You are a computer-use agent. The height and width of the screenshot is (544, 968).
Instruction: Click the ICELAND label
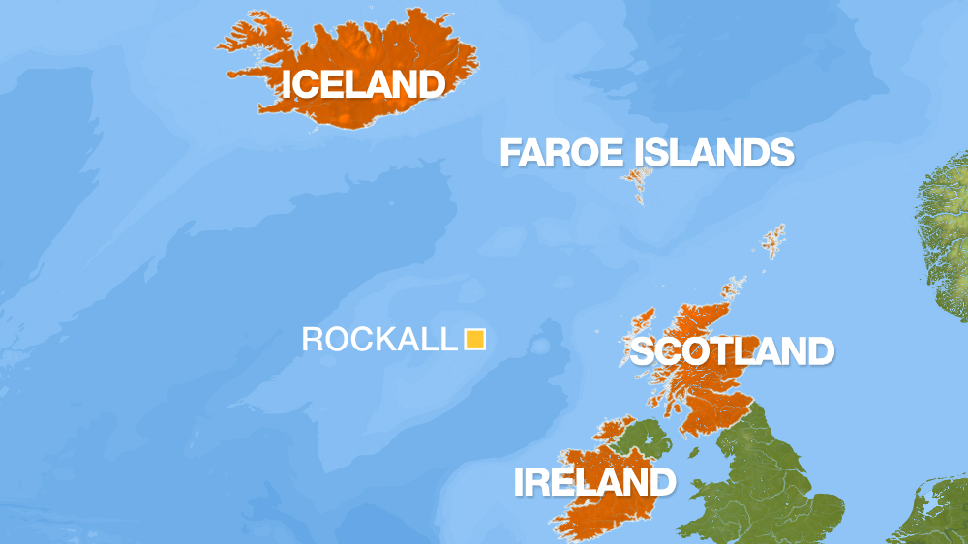[363, 84]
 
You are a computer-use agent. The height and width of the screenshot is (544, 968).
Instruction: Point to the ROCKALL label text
[378, 339]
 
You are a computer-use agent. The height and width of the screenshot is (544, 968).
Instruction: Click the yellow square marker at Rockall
[474, 339]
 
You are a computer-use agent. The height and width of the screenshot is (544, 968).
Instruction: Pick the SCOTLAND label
[731, 350]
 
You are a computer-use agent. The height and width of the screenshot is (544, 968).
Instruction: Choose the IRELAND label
[593, 481]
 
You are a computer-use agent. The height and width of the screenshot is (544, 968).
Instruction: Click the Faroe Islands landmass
[637, 180]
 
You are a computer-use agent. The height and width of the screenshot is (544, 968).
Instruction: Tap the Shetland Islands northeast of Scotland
[773, 239]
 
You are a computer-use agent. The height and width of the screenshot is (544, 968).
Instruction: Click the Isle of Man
[694, 451]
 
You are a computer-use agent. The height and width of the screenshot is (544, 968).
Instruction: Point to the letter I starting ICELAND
[287, 84]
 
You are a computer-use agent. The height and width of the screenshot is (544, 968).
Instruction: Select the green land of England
[774, 474]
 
